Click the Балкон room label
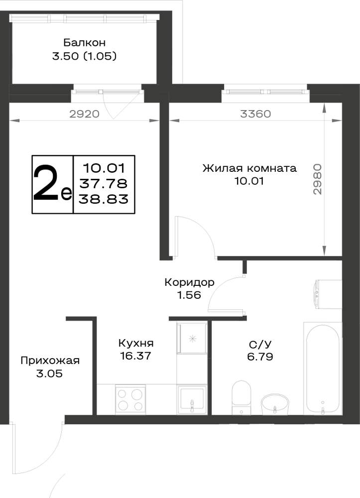(x=85, y=42)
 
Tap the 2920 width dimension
(x=85, y=114)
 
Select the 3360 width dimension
(x=255, y=114)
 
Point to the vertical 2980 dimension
(x=317, y=179)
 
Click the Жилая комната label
(x=249, y=168)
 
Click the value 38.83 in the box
(x=104, y=199)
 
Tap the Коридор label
(x=190, y=282)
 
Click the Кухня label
(x=136, y=343)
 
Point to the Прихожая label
(x=50, y=361)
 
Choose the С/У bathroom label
(x=260, y=344)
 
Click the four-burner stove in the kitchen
(x=130, y=399)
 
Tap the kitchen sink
(x=192, y=399)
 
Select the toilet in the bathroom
(x=241, y=397)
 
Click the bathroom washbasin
(x=275, y=404)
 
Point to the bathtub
(x=323, y=369)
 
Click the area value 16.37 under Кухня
(x=135, y=356)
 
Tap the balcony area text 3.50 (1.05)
(x=85, y=56)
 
